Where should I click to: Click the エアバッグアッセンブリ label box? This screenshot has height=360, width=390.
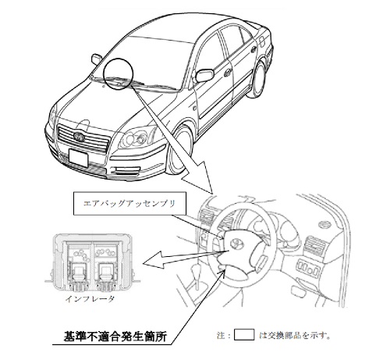pos(129,204)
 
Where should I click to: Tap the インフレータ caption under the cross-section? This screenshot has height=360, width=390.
pos(90,299)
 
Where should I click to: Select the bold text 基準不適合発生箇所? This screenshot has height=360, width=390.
pos(115,336)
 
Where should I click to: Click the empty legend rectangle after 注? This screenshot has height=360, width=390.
pos(244,335)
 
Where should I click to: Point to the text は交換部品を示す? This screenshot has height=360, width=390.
pos(295,335)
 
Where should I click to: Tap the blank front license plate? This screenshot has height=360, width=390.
pos(78,158)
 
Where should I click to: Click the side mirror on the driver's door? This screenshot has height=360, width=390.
pos(204,75)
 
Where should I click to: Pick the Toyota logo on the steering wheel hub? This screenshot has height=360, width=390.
pos(236,244)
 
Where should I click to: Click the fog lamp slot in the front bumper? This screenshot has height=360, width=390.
pos(126,171)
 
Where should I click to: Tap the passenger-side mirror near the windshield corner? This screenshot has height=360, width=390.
pos(97,59)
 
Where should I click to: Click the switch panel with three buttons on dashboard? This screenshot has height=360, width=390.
pos(308,267)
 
